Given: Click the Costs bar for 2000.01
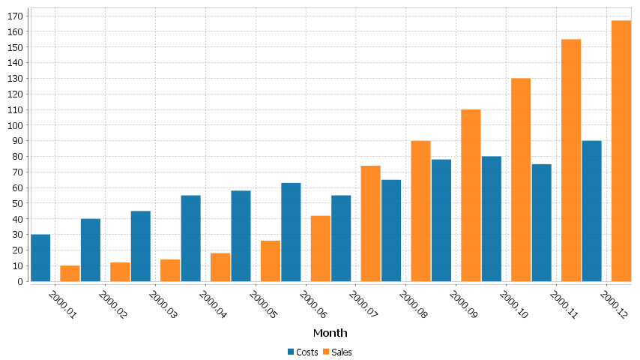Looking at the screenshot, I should (x=40, y=258).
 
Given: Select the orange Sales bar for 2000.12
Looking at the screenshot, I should (x=621, y=151).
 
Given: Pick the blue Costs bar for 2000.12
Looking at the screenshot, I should (x=591, y=211).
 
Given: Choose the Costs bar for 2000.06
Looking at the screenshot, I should (x=291, y=232).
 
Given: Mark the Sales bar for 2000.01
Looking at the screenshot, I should (x=70, y=274).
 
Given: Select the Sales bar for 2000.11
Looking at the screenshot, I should (x=571, y=160).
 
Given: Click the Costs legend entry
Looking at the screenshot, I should (x=303, y=352).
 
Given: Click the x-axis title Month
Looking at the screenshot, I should (x=330, y=332).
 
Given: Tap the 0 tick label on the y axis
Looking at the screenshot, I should (x=21, y=282).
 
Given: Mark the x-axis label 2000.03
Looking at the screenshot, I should (x=163, y=304).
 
